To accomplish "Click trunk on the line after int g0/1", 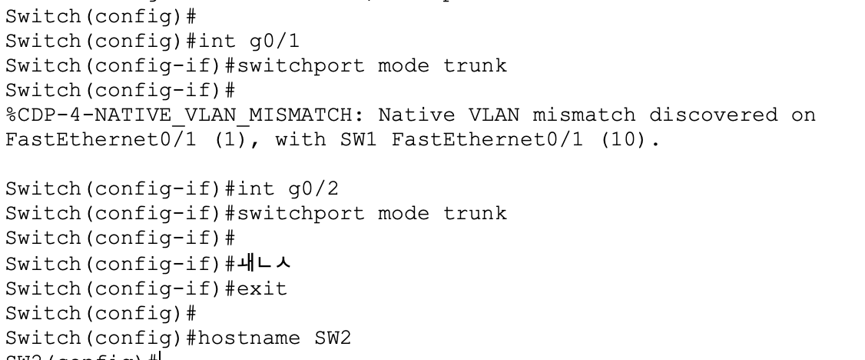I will pos(475,65).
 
